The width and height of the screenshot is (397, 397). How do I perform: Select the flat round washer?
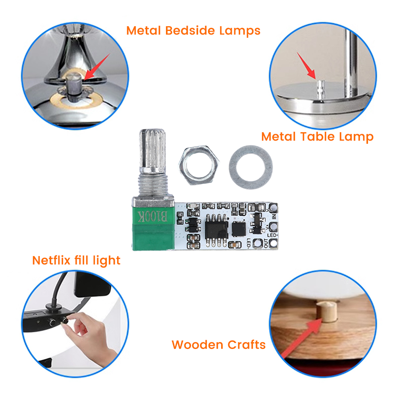[x=251, y=164]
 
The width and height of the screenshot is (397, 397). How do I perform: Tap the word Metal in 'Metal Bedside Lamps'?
[x=144, y=31]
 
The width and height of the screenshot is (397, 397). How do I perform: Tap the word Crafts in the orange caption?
[x=246, y=345]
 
